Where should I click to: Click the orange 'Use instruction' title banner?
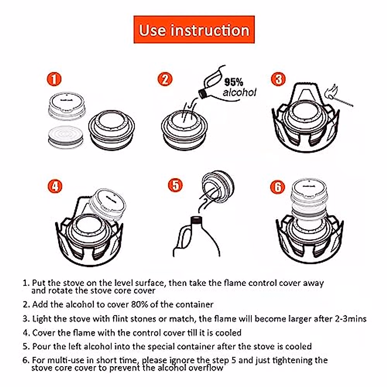click(194, 30)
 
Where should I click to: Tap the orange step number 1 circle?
click(54, 79)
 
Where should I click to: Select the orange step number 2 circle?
click(165, 79)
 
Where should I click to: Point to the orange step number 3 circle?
click(278, 79)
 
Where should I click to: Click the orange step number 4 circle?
click(55, 186)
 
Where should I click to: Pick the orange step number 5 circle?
click(175, 185)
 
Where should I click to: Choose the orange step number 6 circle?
click(278, 187)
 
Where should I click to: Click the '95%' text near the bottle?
click(234, 82)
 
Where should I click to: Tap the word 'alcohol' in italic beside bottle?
click(239, 93)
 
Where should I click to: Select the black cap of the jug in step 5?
click(196, 220)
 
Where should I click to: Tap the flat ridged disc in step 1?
click(65, 137)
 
